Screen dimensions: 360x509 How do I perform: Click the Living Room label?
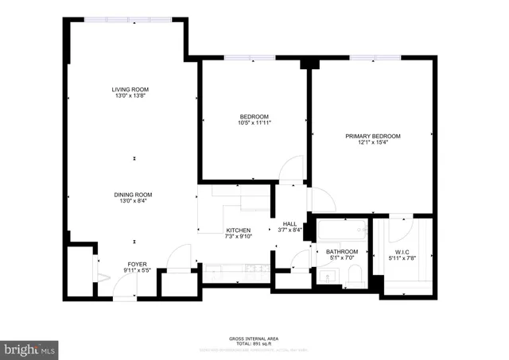click(130, 89)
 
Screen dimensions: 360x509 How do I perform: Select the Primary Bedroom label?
click(372, 137)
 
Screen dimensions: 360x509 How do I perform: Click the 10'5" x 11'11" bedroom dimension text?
click(254, 122)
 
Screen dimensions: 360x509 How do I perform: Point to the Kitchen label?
click(239, 230)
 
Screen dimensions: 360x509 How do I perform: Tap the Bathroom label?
click(344, 252)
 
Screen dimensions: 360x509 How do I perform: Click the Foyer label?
click(138, 264)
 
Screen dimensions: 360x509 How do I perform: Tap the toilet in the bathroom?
click(355, 276)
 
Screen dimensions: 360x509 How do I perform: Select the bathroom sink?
click(328, 276)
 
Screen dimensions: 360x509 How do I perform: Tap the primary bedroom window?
click(372, 58)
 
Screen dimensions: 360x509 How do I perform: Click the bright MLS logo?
click(29, 349)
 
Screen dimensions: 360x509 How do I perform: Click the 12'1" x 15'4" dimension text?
click(372, 144)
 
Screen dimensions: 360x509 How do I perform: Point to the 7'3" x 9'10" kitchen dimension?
click(239, 237)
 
